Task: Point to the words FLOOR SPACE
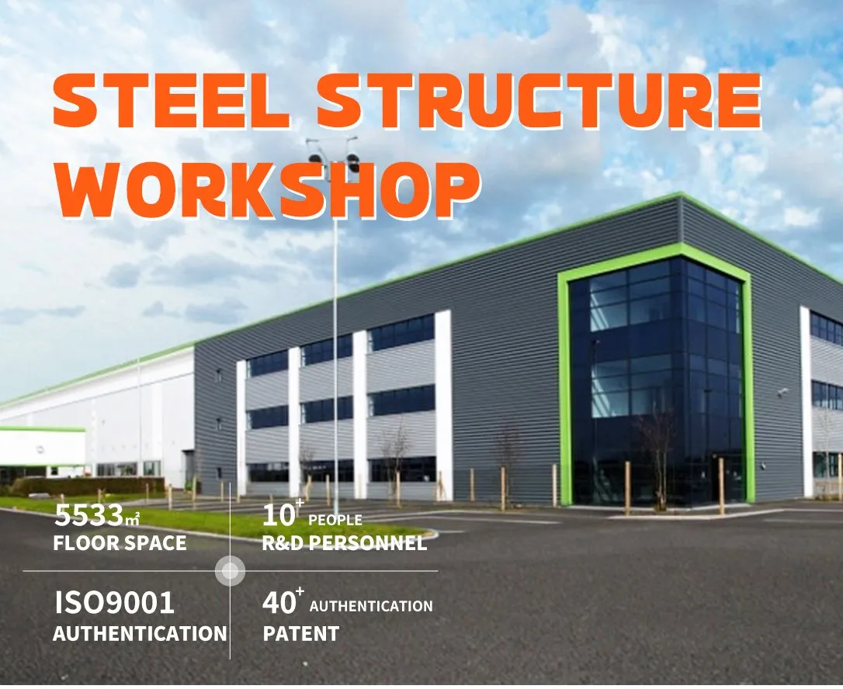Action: (120, 542)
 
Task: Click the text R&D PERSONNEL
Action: (345, 543)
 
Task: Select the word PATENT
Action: (301, 633)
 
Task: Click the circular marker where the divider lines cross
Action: (230, 572)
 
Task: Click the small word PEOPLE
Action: (335, 519)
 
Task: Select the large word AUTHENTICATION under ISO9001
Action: (140, 633)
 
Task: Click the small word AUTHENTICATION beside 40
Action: (371, 605)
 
